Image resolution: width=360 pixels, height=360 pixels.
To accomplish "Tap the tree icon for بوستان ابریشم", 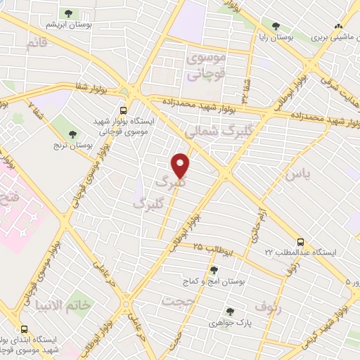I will pos(68,13).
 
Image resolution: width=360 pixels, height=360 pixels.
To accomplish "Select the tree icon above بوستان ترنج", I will pos(74,134).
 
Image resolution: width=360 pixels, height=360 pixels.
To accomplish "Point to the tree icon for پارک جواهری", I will pos(230,312).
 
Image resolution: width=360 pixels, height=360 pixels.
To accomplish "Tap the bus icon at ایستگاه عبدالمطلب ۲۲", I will pos(301,241).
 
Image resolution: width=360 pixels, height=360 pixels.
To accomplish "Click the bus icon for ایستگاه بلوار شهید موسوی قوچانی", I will pos(124,110).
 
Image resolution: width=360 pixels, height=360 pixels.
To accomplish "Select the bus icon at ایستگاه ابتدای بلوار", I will pos(25,328).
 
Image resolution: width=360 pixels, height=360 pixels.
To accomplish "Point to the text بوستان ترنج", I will pos(74,145).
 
